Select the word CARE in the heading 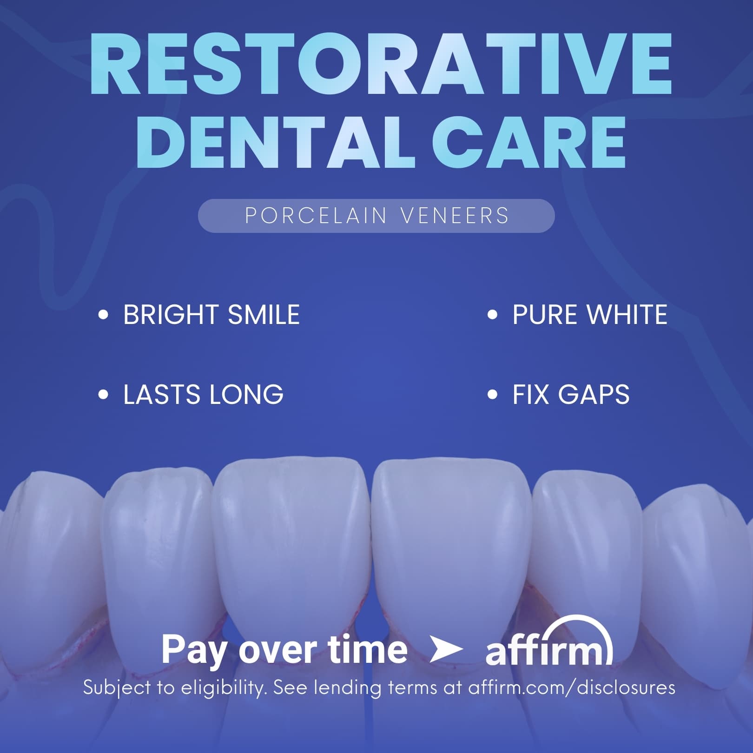(528, 141)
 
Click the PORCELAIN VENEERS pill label (376, 216)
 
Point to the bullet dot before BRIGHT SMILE (103, 315)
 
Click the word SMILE (264, 315)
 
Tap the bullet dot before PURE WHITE (492, 315)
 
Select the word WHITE (627, 315)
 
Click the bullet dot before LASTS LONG (103, 395)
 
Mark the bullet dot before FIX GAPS (492, 395)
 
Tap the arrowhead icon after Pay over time (445, 650)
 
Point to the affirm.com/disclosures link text (572, 687)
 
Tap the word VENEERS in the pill (455, 216)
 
